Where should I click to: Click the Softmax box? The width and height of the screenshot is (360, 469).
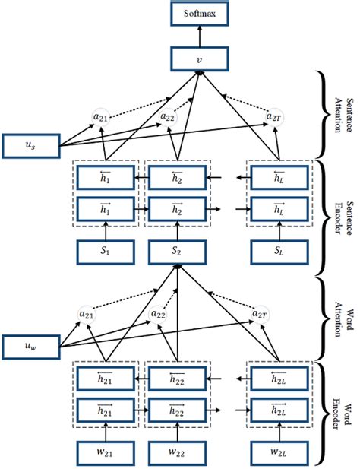[200, 13]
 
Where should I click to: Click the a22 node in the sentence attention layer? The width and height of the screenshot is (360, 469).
[168, 116]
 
